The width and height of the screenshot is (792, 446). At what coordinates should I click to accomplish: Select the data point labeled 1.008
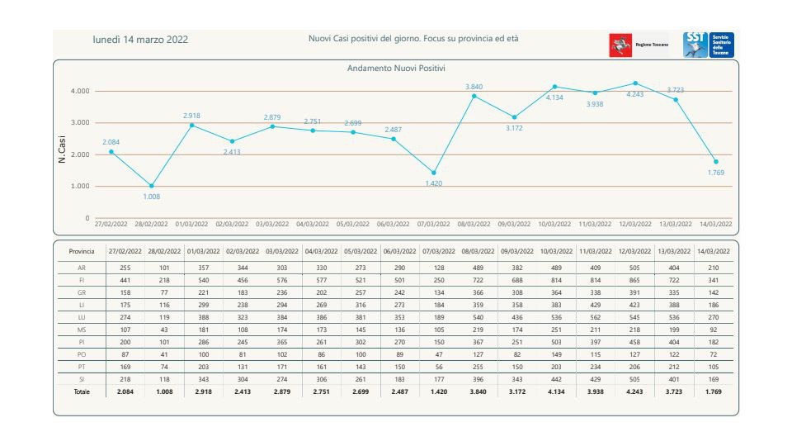pos(152,186)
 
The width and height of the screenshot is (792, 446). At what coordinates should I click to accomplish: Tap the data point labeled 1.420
pos(434,173)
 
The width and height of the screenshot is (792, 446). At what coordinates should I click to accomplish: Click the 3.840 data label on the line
pos(474,87)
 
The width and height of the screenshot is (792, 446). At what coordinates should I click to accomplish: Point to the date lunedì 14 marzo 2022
pos(140,39)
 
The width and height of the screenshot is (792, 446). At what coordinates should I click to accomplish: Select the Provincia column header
pos(80,250)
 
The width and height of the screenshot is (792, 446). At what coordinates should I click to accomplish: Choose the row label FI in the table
pos(80,281)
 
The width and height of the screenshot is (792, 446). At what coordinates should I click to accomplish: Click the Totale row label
pos(80,391)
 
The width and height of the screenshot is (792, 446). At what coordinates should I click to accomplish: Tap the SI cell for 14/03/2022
pos(714,379)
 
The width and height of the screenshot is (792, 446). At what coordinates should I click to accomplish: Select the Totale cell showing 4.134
pos(556,391)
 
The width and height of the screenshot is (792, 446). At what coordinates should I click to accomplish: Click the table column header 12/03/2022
pos(634,250)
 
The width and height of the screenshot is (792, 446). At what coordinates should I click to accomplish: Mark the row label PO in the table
pos(80,354)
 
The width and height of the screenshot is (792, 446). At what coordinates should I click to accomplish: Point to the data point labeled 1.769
pos(715,161)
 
